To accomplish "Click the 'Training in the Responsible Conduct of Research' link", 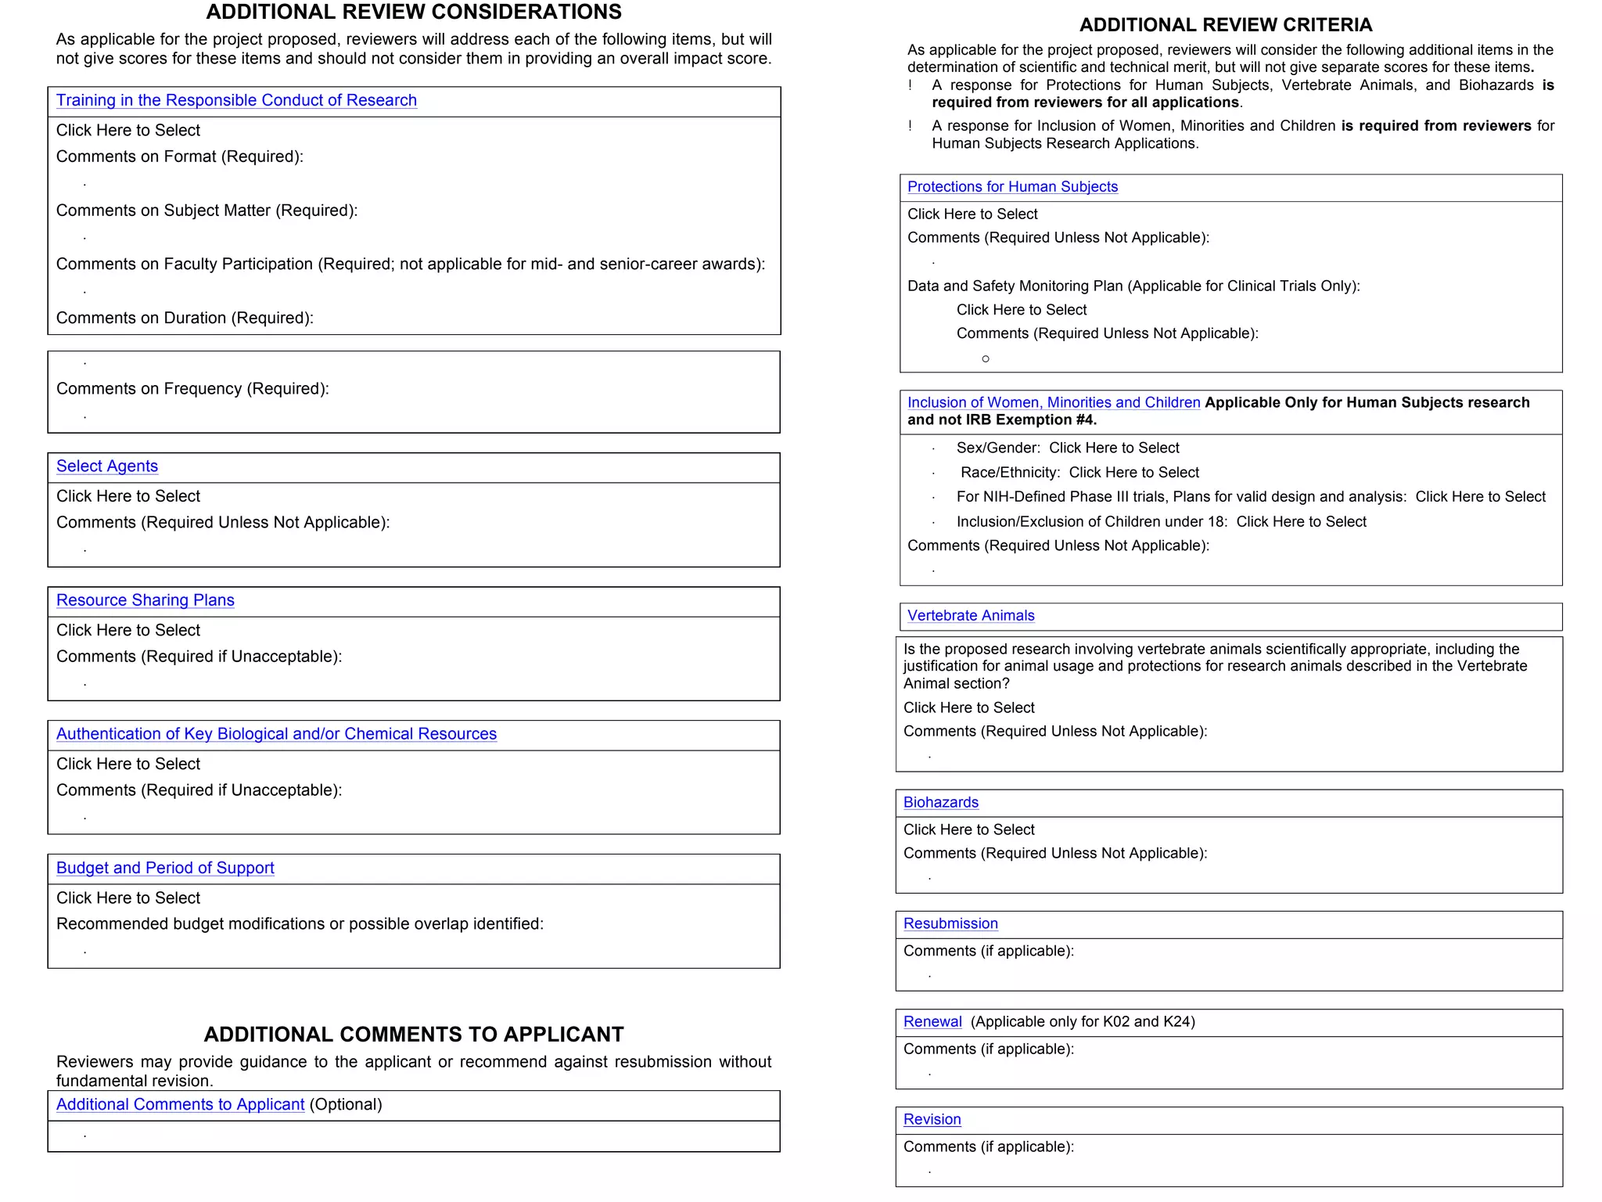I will pos(236,101).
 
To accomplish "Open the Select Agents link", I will pos(107,466).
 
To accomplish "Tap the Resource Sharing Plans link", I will pos(145,600).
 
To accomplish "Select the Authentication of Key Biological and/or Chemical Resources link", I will pos(276,734).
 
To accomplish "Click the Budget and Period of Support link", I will pos(165,868).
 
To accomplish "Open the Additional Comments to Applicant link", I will pos(180,1104).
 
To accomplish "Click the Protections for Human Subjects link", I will pos(1012,187).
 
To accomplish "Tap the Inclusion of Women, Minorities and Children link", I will pos(1053,402).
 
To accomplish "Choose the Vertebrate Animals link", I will pos(971,616).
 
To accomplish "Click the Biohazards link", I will pos(940,803).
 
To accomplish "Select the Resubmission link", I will pos(950,924).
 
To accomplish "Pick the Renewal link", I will pos(932,1022).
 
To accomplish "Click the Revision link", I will pos(932,1120).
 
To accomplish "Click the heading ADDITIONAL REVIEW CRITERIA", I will pos(1226,25).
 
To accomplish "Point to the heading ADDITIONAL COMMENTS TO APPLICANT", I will pos(414,1035).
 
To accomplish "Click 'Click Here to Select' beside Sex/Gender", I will pos(1114,448).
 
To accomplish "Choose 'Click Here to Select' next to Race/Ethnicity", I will pos(1133,473).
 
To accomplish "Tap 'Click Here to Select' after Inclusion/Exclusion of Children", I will pos(1301,522).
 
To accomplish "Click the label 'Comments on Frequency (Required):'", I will pos(192,389).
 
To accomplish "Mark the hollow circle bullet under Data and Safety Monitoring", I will pos(986,359).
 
